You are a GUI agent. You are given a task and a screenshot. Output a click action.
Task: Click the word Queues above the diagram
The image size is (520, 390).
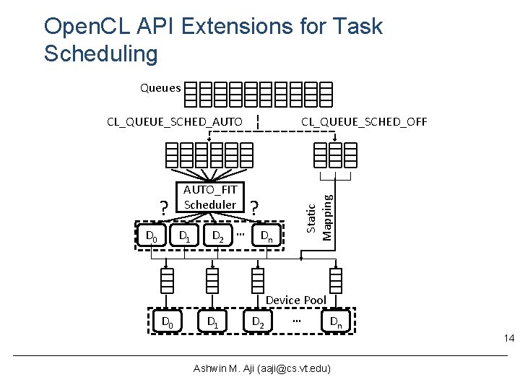tap(160, 89)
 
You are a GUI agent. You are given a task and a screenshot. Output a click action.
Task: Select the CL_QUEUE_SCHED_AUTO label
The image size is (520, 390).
tap(174, 121)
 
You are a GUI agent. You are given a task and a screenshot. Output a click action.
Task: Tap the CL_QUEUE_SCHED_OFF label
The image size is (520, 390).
tap(364, 121)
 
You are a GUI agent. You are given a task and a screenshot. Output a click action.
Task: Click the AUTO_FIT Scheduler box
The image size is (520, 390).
tap(209, 197)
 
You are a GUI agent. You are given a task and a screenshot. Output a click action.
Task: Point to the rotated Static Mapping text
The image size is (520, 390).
tap(319, 212)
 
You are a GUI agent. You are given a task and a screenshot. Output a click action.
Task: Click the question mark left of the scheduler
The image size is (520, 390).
tap(165, 208)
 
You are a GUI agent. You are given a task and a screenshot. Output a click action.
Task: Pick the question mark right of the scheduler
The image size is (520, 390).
tap(256, 208)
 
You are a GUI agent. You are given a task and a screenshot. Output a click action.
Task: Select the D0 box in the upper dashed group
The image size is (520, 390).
tap(152, 235)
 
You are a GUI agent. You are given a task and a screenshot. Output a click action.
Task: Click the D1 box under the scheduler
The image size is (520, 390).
tap(186, 235)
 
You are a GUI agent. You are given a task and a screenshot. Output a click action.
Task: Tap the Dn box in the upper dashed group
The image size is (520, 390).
tap(266, 235)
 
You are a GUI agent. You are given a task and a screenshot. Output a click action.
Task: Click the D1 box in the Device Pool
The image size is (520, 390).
tap(212, 321)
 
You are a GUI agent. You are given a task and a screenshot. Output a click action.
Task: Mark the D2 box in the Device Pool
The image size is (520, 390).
tap(257, 321)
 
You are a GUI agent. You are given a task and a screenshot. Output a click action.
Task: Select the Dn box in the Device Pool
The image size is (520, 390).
tap(336, 321)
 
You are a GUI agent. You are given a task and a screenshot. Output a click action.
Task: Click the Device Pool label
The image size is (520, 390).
tap(296, 300)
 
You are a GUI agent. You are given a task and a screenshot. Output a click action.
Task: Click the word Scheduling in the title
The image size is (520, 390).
tap(100, 53)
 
